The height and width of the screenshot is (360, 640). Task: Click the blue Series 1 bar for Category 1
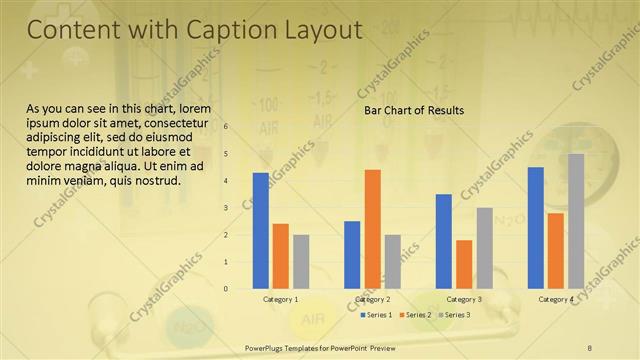click(x=261, y=230)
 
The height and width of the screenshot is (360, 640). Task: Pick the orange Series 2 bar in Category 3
click(x=464, y=264)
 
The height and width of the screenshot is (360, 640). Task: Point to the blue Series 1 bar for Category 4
click(x=536, y=227)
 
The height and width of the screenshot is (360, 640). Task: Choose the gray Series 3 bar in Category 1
click(x=301, y=261)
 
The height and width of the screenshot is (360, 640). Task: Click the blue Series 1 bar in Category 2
click(x=352, y=254)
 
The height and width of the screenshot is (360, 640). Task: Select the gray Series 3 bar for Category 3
click(x=484, y=247)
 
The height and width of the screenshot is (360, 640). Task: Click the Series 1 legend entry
click(x=377, y=315)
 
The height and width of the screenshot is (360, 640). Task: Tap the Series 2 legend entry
click(x=416, y=315)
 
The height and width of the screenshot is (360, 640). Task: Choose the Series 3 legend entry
click(x=455, y=315)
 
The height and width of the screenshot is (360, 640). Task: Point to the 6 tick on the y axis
click(x=226, y=127)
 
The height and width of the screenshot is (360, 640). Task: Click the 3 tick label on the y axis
click(x=226, y=208)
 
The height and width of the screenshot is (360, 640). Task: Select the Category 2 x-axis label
click(x=372, y=299)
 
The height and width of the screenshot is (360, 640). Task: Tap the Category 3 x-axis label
click(x=464, y=299)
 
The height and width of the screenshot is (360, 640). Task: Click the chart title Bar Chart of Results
click(x=414, y=110)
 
